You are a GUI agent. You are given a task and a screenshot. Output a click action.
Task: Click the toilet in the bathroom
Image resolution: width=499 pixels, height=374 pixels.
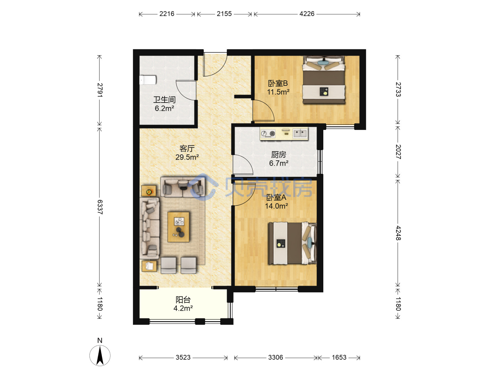[x=148, y=80]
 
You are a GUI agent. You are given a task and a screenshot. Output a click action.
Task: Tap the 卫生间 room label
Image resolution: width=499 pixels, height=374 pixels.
[x=164, y=100]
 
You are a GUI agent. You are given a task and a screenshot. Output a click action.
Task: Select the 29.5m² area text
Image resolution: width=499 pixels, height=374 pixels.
[x=187, y=157]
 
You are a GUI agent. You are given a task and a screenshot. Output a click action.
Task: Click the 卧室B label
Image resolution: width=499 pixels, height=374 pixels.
[x=278, y=83]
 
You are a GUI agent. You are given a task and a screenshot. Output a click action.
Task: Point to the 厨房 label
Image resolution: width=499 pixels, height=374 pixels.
[x=279, y=155]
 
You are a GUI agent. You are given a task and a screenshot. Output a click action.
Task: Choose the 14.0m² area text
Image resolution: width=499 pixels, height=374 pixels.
[x=277, y=206]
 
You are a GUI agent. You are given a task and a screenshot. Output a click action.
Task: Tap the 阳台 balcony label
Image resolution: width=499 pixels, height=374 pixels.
[x=183, y=300]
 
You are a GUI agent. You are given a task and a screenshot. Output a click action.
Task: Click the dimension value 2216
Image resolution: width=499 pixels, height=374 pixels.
[x=167, y=14]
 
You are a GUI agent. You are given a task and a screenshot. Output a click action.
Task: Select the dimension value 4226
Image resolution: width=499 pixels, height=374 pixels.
[x=307, y=14]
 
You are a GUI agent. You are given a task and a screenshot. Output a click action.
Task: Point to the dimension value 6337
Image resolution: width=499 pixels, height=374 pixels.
[x=100, y=207]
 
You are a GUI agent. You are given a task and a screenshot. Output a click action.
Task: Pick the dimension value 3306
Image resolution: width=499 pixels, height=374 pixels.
[x=275, y=357]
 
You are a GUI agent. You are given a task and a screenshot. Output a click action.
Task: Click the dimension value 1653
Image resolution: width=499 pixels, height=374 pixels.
[x=339, y=357]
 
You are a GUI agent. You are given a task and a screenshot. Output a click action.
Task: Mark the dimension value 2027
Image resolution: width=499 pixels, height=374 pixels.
[x=398, y=152]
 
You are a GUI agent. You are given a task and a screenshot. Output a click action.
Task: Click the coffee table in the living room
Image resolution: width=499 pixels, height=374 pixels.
[x=178, y=227]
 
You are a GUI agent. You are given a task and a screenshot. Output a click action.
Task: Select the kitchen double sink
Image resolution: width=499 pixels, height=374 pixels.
[x=300, y=133]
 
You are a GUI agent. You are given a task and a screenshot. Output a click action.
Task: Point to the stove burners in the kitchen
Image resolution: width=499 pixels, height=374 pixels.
[x=268, y=133]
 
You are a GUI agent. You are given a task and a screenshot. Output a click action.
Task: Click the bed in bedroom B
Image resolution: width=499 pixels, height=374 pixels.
[x=324, y=80]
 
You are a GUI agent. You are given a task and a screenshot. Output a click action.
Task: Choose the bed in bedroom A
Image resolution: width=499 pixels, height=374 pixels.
[x=292, y=243]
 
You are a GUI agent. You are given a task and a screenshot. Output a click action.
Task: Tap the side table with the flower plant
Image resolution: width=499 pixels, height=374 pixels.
[x=149, y=191]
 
